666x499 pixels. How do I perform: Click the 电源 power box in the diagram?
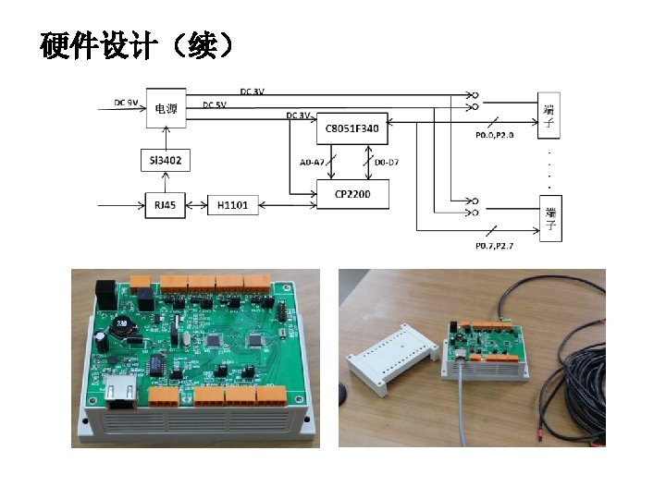166,108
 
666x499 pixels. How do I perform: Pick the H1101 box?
233,204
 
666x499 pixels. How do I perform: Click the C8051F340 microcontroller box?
351,129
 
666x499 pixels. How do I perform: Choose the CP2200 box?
351,194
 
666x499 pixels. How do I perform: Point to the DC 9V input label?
127,102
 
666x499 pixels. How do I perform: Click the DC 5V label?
215,104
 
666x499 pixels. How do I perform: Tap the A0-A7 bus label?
313,162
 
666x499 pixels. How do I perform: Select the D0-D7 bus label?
387,162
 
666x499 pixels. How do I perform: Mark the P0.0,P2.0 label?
494,136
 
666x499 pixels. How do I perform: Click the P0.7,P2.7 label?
494,246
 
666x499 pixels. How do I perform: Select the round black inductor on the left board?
120,328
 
